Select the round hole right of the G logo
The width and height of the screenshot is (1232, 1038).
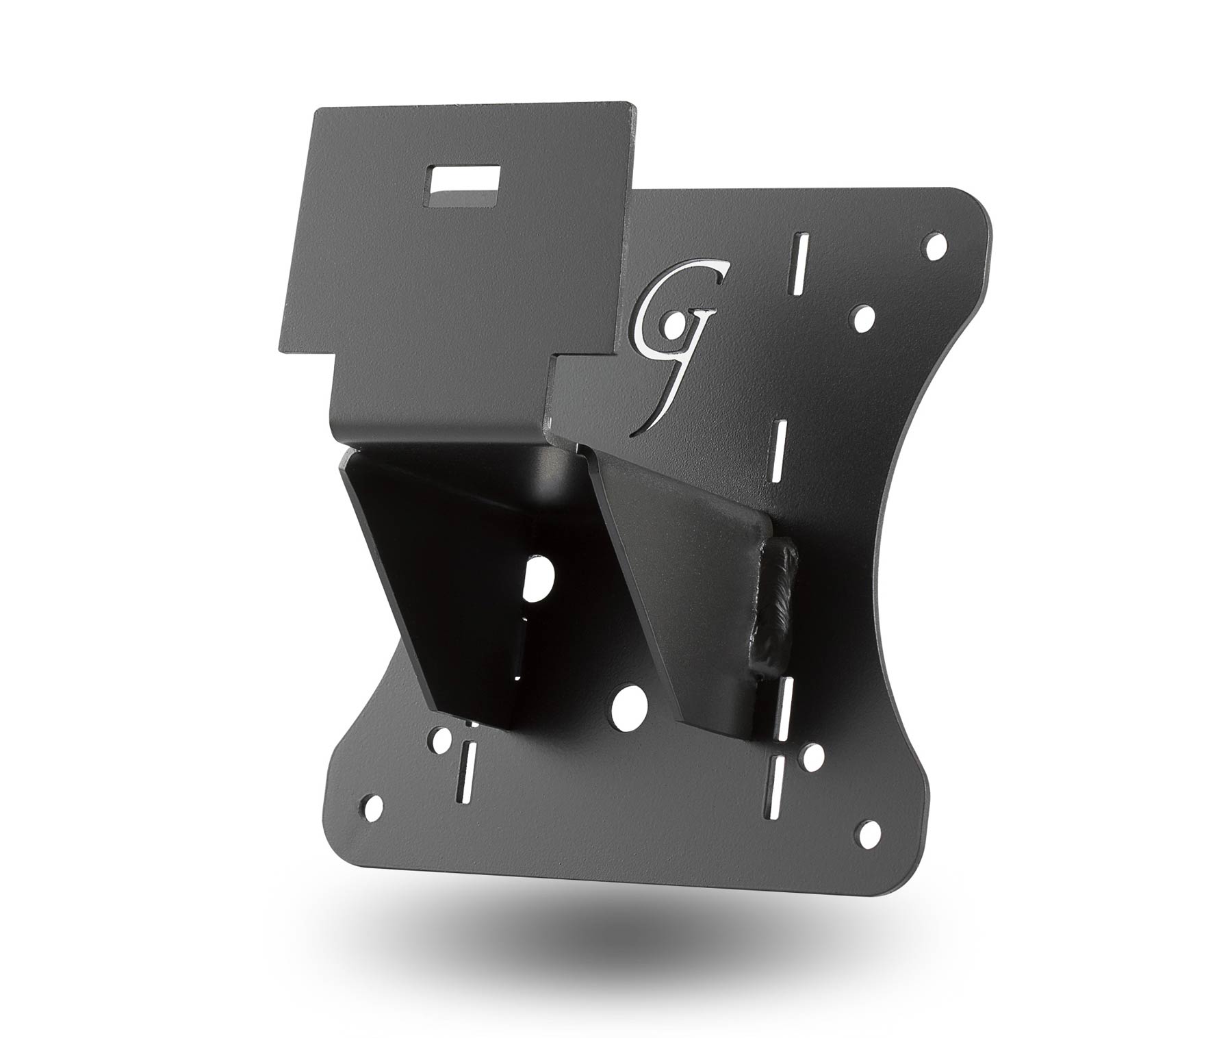tap(864, 316)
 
